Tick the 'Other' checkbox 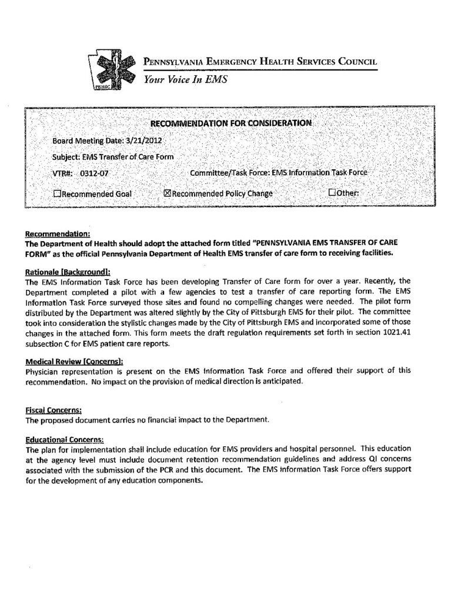click(332, 193)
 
